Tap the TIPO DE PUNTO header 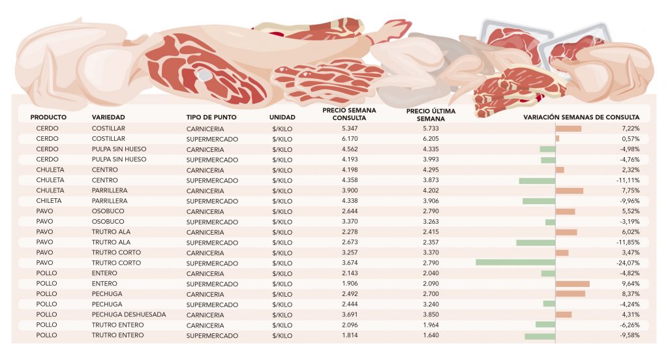pos(211,117)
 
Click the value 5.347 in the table pos(350,128)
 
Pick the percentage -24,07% pos(628,263)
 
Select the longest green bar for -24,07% pos(515,263)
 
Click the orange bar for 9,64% pos(572,284)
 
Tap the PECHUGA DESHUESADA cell pos(129,314)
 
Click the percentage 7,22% pos(631,128)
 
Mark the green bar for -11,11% pos(537,180)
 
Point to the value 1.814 pos(350,335)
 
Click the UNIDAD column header pos(282,117)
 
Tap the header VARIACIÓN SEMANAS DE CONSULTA pos(582,117)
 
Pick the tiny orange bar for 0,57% pos(557,139)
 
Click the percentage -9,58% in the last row pos(629,335)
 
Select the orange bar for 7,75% pos(569,190)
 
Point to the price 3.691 pos(350,314)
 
